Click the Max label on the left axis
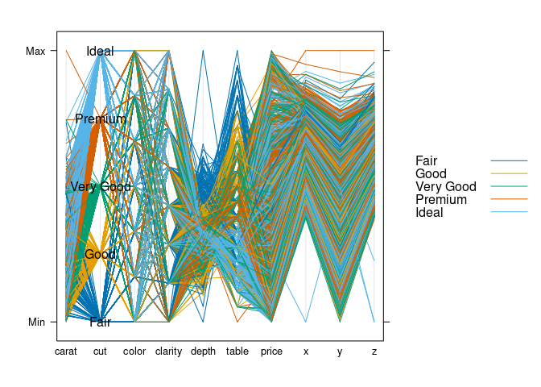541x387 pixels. (x=35, y=51)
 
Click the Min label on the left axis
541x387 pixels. (x=36, y=322)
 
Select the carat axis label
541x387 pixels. (x=65, y=352)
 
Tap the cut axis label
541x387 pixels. (x=100, y=352)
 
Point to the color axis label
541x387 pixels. (x=134, y=352)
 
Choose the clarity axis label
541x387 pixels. (x=168, y=352)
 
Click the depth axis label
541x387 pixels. (x=203, y=352)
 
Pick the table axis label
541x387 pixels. (x=237, y=352)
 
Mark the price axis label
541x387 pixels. (x=271, y=352)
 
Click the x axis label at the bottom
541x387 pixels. (x=306, y=352)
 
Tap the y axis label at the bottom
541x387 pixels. (x=340, y=352)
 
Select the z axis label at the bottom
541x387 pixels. (x=374, y=352)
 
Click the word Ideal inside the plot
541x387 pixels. (x=100, y=52)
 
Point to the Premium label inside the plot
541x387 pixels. (x=101, y=119)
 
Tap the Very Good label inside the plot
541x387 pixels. (x=101, y=187)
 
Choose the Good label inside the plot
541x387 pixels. (x=100, y=255)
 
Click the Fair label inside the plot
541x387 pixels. (x=100, y=322)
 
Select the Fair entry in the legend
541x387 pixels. (x=427, y=161)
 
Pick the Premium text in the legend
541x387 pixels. (x=441, y=200)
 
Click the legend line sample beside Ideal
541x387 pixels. (x=509, y=213)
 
